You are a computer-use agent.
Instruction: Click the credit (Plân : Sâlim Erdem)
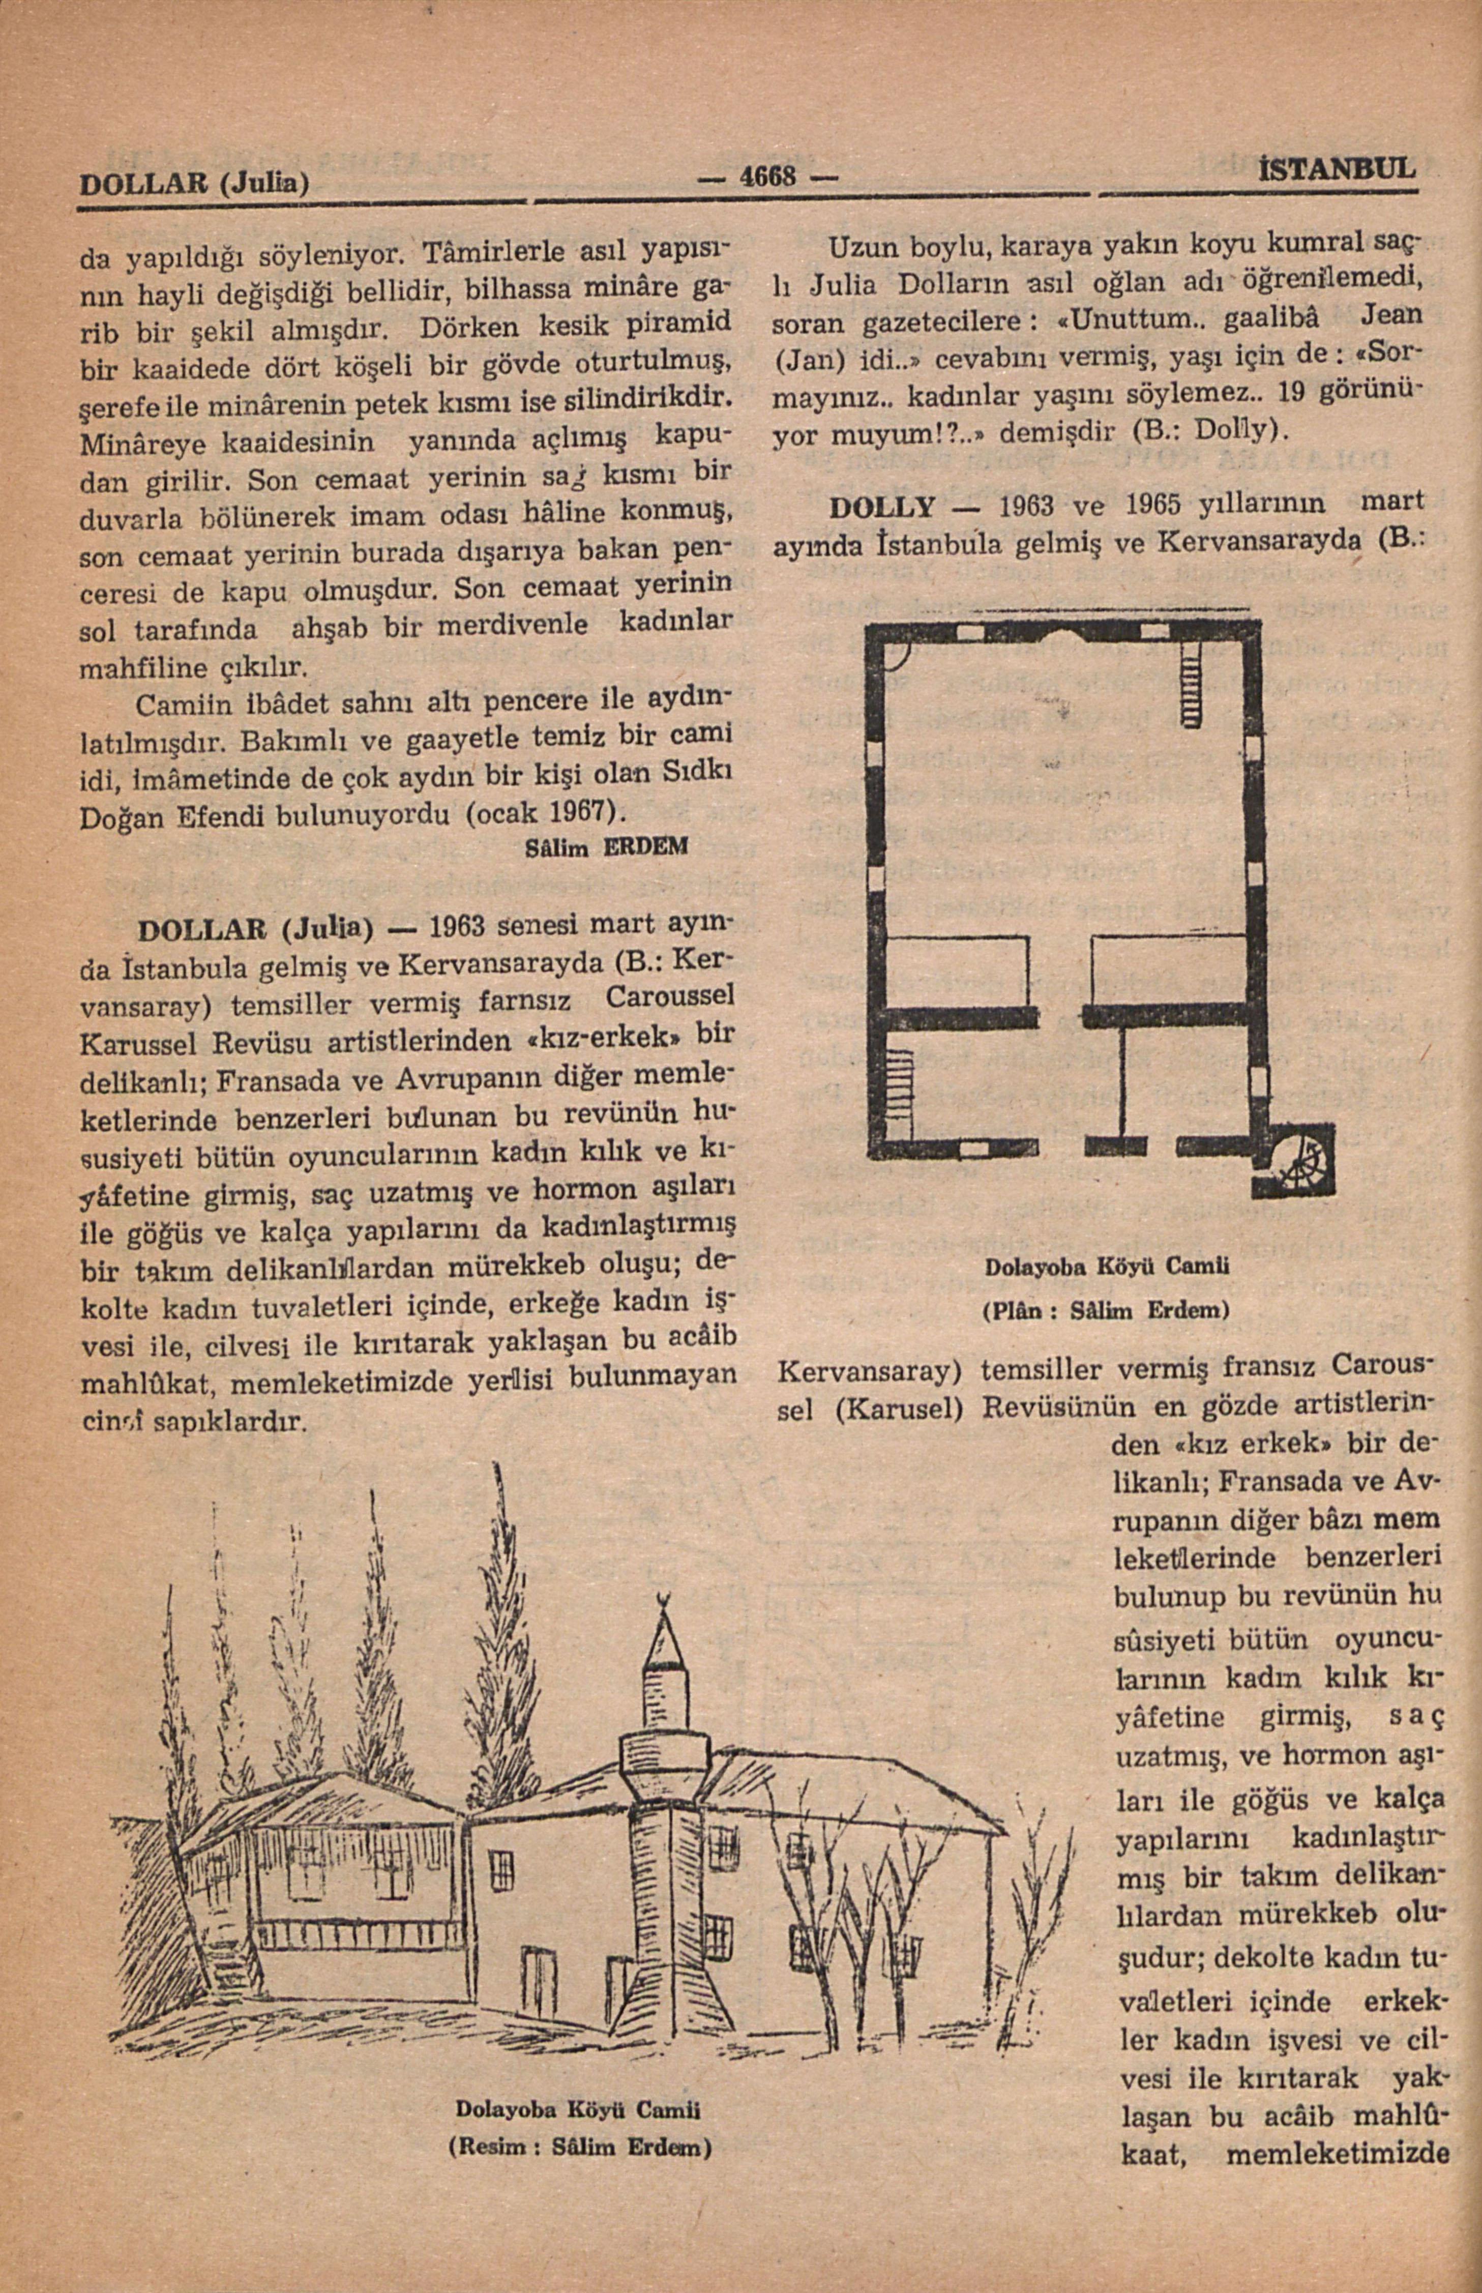coord(1107,1310)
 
